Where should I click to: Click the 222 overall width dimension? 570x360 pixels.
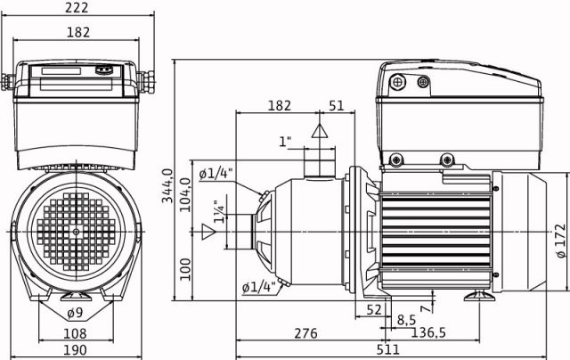tap(77, 7)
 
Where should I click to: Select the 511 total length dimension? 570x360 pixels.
tap(387, 350)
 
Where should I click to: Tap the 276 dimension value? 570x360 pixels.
tap(305, 333)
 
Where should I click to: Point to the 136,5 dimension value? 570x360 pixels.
tap(428, 332)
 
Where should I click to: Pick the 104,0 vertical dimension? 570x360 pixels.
tap(185, 194)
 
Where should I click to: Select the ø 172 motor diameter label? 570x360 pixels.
tap(561, 241)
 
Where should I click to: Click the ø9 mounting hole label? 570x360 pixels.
tap(75, 313)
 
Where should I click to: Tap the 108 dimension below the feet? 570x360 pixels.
tap(75, 333)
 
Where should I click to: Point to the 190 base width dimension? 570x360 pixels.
tap(75, 350)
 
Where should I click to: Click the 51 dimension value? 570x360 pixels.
tap(337, 105)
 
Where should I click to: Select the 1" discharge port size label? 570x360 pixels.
tap(285, 142)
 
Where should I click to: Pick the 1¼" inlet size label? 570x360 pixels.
tap(219, 213)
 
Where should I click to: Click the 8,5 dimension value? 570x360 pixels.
tap(406, 320)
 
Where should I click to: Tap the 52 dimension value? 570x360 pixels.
tap(374, 309)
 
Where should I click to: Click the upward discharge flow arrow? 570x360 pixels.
tap(320, 131)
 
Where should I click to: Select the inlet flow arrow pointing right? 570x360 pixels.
tap(208, 232)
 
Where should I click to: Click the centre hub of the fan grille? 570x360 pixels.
tap(76, 232)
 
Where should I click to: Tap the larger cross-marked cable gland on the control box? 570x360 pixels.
tap(397, 81)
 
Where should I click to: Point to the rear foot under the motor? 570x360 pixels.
tap(479, 296)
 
